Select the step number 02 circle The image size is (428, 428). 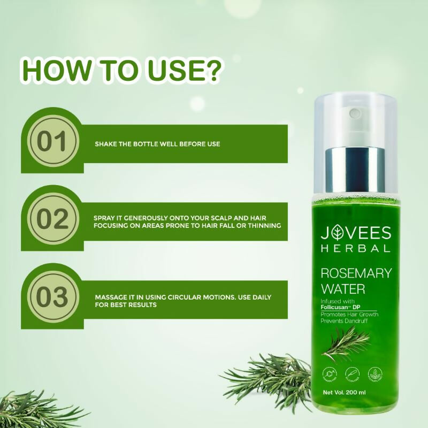point(52,220)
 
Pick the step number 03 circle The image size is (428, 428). point(52,297)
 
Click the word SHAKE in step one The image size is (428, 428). point(105,144)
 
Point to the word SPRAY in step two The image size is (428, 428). point(105,218)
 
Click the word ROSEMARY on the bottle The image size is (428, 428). point(355,273)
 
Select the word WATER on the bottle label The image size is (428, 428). point(342,289)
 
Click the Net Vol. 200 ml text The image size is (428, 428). point(351,393)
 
